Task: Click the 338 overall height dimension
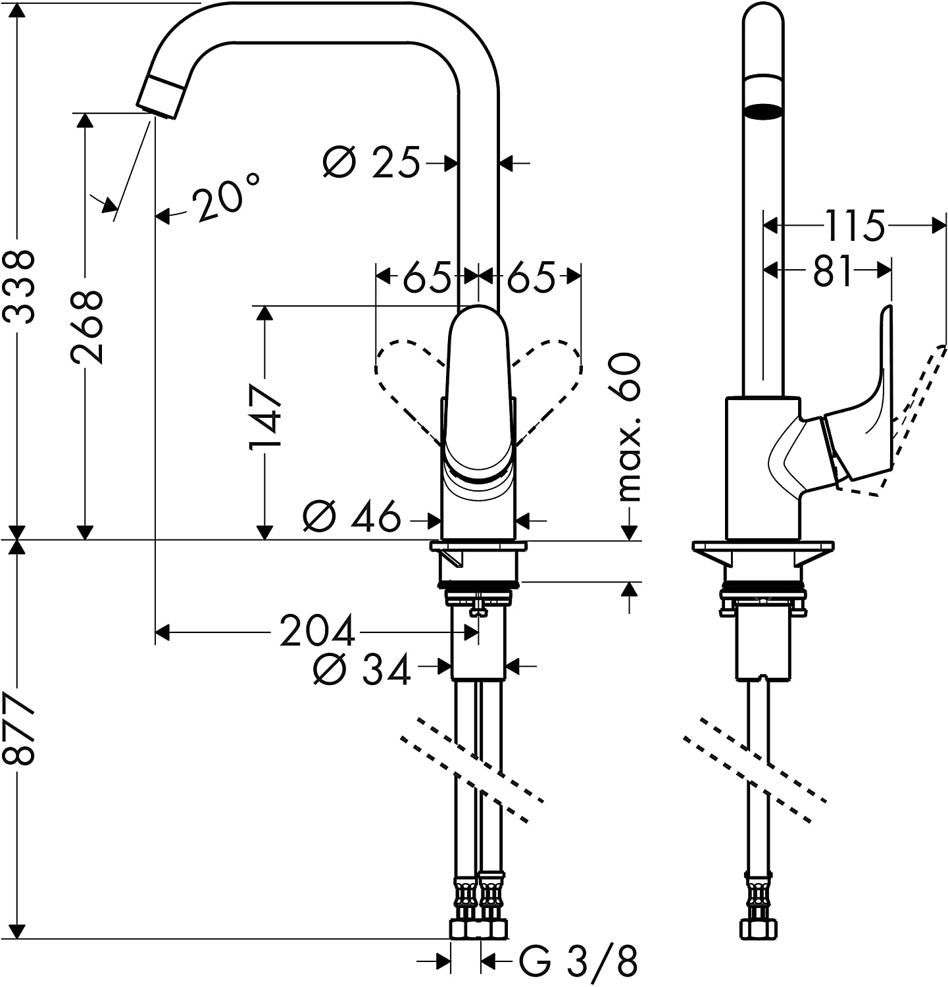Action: pyautogui.click(x=18, y=286)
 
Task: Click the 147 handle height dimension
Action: pyautogui.click(x=264, y=417)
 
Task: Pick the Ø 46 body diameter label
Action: pyautogui.click(x=352, y=517)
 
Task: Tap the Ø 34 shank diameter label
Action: pyautogui.click(x=362, y=669)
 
